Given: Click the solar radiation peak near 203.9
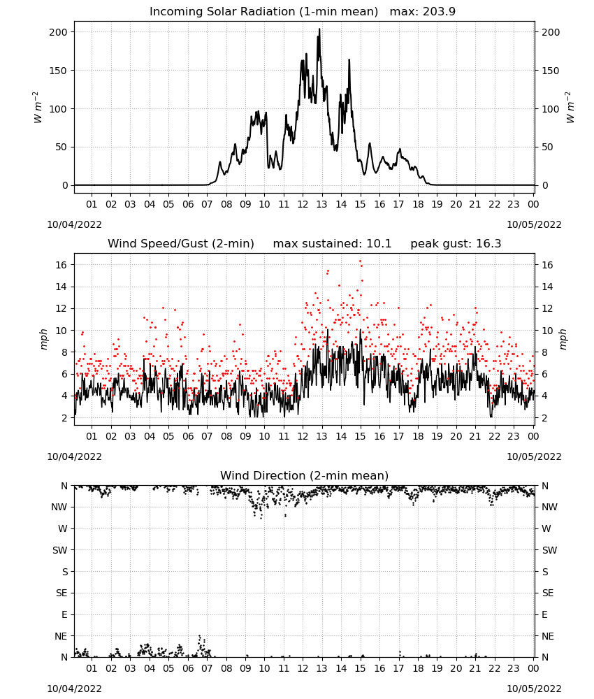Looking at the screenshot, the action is pyautogui.click(x=319, y=29).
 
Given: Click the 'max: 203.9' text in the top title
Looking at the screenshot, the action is pyautogui.click(x=423, y=12).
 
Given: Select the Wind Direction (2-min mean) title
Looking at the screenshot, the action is pyautogui.click(x=305, y=475).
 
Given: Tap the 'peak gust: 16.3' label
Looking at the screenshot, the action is pyautogui.click(x=456, y=244).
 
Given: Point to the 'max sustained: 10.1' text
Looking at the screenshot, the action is pyautogui.click(x=332, y=244).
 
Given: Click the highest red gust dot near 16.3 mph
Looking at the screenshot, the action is pyautogui.click(x=360, y=261).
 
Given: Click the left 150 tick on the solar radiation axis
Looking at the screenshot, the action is pyautogui.click(x=58, y=71).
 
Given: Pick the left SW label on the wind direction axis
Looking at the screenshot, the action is pyautogui.click(x=59, y=550).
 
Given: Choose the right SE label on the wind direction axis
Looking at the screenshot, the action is pyautogui.click(x=548, y=593).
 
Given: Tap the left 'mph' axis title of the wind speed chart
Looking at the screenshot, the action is pyautogui.click(x=43, y=339).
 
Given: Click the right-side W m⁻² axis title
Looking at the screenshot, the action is pyautogui.click(x=570, y=108).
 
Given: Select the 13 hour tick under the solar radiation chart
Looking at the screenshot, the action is pyautogui.click(x=321, y=204).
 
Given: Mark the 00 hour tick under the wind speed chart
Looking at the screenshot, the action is pyautogui.click(x=533, y=436).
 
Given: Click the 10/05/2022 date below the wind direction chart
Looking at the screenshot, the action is pyautogui.click(x=534, y=689).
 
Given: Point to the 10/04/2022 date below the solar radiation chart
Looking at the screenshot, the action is pyautogui.click(x=74, y=224).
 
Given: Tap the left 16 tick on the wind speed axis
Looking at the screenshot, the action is pyautogui.click(x=61, y=265).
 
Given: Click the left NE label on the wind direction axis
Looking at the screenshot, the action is pyautogui.click(x=61, y=636).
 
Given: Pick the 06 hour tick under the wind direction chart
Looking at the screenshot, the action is pyautogui.click(x=188, y=668).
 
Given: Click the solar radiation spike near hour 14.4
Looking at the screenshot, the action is pyautogui.click(x=349, y=60).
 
